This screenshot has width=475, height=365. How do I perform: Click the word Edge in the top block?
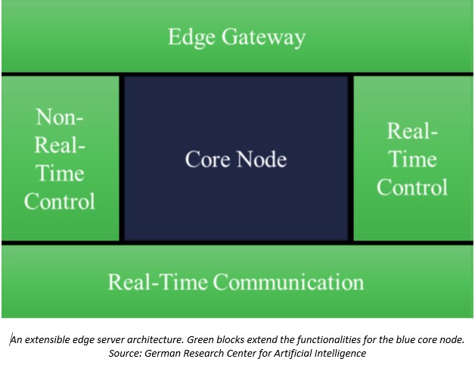191,38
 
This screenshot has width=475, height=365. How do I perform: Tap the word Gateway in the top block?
263,38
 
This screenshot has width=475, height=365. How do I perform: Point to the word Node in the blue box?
262,159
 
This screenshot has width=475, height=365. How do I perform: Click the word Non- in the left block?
59,117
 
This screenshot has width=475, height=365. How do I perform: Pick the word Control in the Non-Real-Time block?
59,201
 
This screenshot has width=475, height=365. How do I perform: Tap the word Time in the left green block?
60,173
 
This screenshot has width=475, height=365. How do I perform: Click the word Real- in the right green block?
412,131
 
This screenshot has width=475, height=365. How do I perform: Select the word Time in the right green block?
412,159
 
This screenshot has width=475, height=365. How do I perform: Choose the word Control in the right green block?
412,187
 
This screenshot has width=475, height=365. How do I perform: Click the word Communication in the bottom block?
288,282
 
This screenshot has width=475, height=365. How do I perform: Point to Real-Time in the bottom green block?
158,282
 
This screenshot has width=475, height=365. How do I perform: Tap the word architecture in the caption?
155,340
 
